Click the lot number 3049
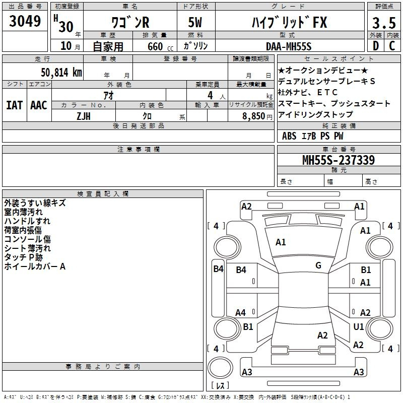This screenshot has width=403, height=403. pyautogui.click(x=25, y=22)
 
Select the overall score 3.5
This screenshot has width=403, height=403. pyautogui.click(x=383, y=23)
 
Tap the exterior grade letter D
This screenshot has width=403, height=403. pyautogui.click(x=375, y=46)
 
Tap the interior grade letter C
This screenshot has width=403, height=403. pyautogui.click(x=392, y=46)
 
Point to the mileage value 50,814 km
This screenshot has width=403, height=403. pyautogui.click(x=58, y=72)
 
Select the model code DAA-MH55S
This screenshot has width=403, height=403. pyautogui.click(x=289, y=46)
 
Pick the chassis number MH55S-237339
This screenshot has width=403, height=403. pyautogui.click(x=338, y=160)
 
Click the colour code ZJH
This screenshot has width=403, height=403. pyautogui.click(x=83, y=115)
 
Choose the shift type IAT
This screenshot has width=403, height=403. pyautogui.click(x=14, y=105)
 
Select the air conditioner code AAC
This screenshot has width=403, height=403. pyautogui.click(x=39, y=105)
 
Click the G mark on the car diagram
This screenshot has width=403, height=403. pyautogui.click(x=318, y=265)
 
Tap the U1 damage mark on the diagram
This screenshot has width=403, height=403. pyautogui.click(x=359, y=326)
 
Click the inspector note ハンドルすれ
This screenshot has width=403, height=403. pyautogui.click(x=27, y=221)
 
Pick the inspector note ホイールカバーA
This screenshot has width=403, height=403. pyautogui.click(x=35, y=266)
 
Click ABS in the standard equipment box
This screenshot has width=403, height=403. pyautogui.click(x=289, y=136)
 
